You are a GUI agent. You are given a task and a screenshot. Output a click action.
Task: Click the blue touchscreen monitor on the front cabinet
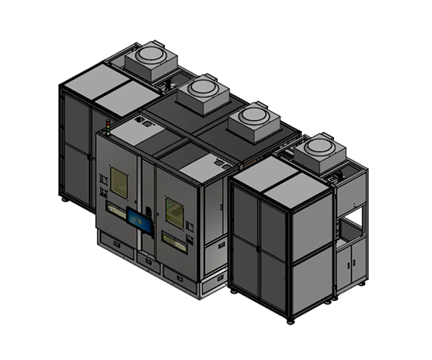pos(140,220)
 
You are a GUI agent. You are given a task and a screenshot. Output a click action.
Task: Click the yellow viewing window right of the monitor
pos(175,212)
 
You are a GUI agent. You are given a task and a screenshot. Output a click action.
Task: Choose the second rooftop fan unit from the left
pos(202,94)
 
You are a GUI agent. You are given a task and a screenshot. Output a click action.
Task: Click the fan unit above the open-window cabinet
pos(320,152)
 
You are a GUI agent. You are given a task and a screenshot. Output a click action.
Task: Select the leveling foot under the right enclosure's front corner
pos(290,319)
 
